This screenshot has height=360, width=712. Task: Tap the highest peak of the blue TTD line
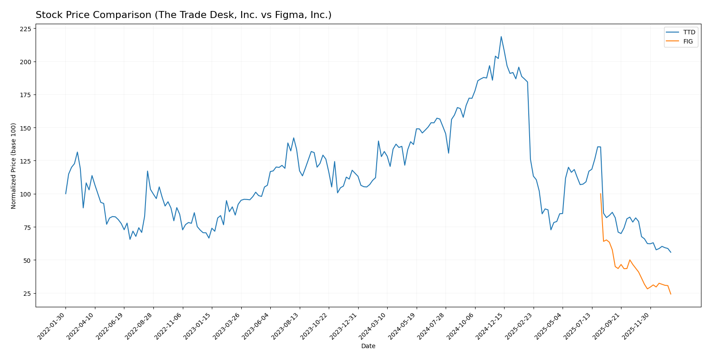[x=501, y=36]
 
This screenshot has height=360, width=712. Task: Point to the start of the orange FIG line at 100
[x=600, y=194]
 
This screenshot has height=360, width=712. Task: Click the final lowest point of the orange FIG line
[x=671, y=294]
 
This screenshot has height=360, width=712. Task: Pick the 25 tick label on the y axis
[x=27, y=294]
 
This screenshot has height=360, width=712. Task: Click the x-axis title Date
[x=368, y=346]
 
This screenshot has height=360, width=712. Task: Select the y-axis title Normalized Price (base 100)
[x=14, y=166]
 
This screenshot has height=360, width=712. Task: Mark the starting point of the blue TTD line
[x=66, y=194]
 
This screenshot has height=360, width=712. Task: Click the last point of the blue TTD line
[x=671, y=252]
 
